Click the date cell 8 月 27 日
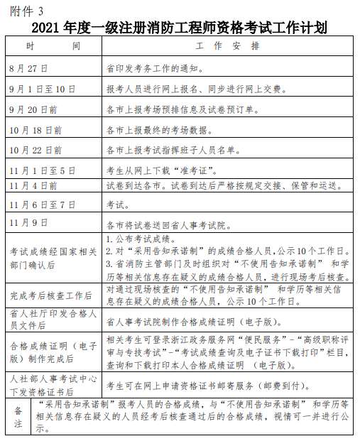coord(28,69)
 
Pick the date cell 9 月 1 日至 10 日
coord(42,90)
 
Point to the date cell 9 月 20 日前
coord(34,110)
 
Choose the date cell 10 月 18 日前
coord(36,131)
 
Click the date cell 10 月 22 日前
coord(36,151)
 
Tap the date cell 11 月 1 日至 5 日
coord(42,171)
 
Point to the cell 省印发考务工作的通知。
coord(155,70)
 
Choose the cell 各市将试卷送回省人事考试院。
coord(170,224)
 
